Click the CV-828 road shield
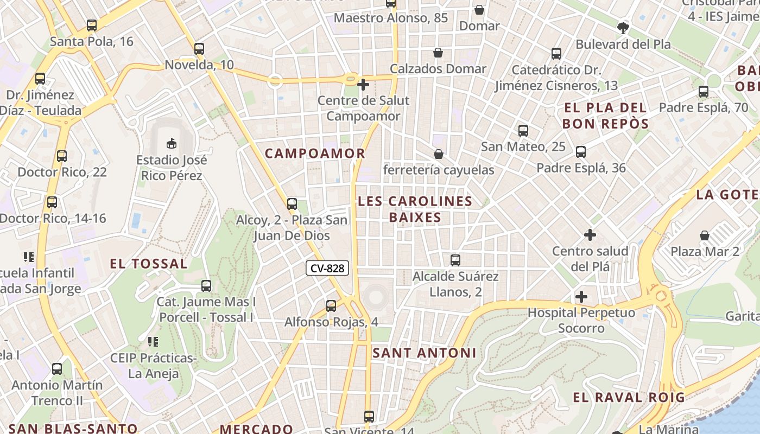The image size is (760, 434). [327, 268]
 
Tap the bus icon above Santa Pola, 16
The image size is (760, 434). [92, 25]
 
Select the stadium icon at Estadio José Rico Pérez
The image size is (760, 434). [172, 143]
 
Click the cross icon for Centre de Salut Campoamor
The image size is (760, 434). [363, 84]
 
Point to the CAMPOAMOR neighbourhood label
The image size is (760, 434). [315, 154]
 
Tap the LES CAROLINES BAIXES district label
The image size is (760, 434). [415, 209]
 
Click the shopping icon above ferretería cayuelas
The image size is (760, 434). [439, 154]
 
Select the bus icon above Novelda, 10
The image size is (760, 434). [199, 49]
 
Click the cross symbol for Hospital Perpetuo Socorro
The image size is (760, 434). [581, 297]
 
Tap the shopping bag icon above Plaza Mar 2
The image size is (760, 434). [705, 235]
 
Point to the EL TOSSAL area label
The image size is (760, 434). [149, 264]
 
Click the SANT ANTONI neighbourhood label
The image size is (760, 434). [425, 353]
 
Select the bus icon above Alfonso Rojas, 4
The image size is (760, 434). [331, 306]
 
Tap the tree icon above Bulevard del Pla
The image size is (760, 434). [623, 28]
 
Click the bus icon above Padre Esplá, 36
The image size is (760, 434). [581, 152]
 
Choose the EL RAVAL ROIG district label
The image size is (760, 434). [629, 398]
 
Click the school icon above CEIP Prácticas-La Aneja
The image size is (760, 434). [153, 342]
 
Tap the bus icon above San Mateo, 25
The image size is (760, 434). [523, 131]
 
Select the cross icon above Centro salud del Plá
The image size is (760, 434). [590, 235]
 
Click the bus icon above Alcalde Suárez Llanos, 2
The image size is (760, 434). [455, 260]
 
